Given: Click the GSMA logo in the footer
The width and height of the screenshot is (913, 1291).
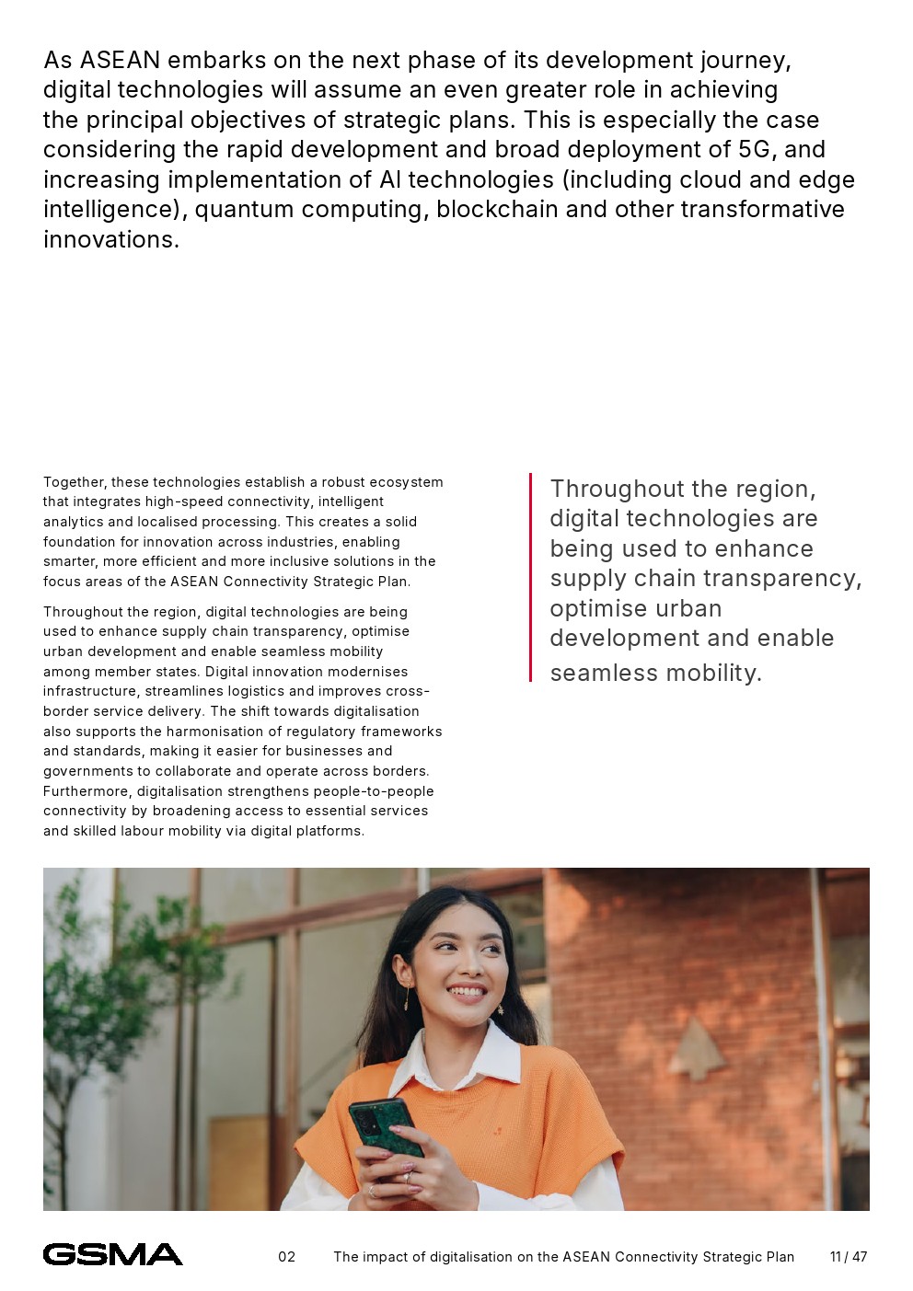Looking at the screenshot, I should (112, 1254).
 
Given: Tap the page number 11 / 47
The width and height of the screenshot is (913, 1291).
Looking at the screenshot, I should (848, 1257).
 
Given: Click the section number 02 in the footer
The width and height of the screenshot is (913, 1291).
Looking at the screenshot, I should (287, 1257).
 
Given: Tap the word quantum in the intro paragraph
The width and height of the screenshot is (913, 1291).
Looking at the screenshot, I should (245, 210).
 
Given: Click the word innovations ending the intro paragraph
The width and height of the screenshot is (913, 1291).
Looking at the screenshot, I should (110, 240).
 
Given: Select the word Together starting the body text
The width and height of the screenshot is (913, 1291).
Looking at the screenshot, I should (74, 482).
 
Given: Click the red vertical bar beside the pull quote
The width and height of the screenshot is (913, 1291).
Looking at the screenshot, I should (530, 578).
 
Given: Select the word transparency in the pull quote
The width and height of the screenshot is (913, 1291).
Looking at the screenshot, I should (788, 579).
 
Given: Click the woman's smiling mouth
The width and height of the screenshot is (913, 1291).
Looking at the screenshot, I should (466, 993).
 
